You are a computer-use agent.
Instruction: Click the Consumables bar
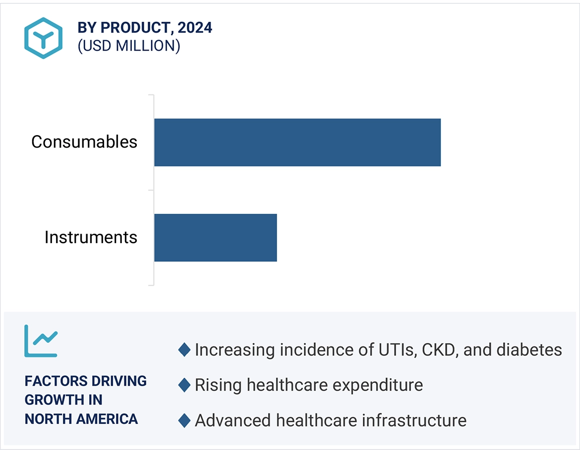pos(297,142)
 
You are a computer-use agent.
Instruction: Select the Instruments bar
pos(215,238)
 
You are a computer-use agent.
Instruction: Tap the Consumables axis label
pos(84,142)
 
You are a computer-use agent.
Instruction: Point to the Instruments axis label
pos(91,238)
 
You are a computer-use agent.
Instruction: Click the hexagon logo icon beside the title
pos(44,38)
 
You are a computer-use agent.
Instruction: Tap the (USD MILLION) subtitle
pos(128,46)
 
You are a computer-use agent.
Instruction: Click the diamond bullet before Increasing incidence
pos(184,350)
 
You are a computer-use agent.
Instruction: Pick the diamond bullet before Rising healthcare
pos(184,385)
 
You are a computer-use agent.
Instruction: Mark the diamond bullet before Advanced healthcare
pos(184,421)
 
